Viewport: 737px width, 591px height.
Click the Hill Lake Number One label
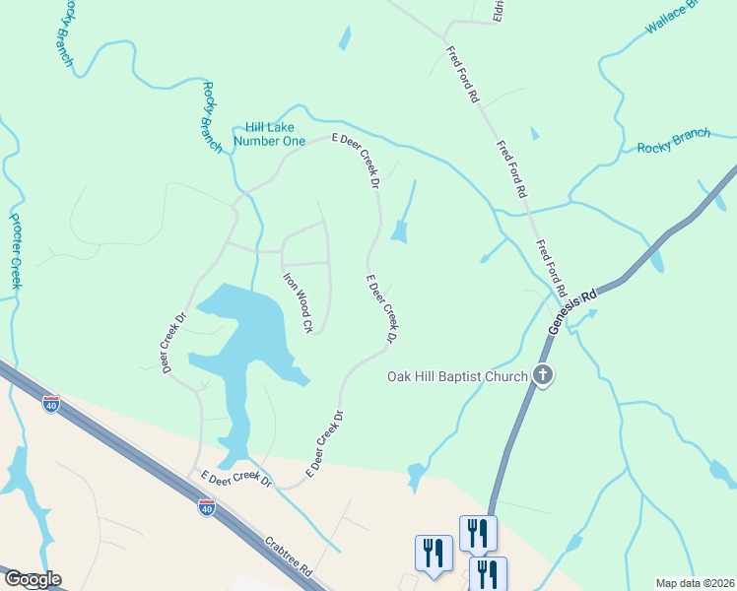point(269,134)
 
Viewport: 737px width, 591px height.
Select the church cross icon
point(542,374)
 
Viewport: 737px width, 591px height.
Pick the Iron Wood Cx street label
point(298,301)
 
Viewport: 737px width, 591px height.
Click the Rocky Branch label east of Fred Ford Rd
point(673,141)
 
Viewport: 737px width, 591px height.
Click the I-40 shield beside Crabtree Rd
point(206,507)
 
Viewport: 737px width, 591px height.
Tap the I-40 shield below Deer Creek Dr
point(51,403)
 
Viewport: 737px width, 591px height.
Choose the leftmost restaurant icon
point(434,553)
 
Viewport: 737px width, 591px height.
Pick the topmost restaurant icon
point(478,533)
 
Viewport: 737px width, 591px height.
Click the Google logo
point(32,579)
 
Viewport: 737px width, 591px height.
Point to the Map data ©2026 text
point(695,583)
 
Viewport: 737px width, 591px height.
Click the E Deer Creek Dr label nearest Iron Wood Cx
point(382,308)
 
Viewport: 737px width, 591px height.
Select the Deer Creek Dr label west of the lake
point(174,343)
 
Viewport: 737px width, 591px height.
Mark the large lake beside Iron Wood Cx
point(241,335)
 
